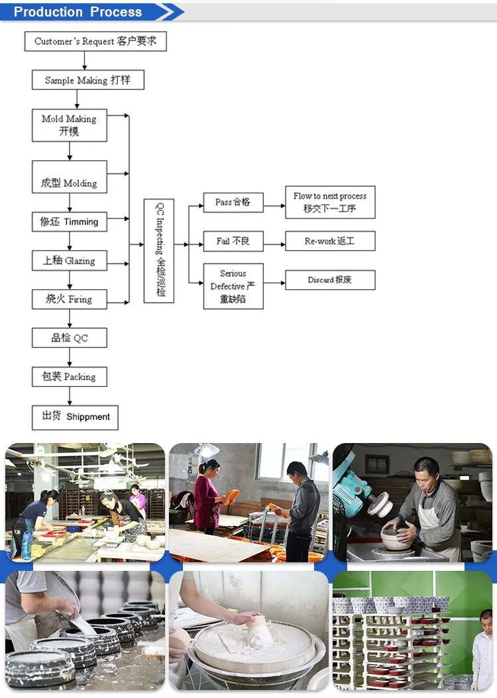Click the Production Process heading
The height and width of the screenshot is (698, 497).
point(78,12)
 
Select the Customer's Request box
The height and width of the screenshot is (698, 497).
point(95,41)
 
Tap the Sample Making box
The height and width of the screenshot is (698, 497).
point(87,80)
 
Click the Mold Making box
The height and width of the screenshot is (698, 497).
point(69,125)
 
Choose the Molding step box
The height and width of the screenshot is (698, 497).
point(69,177)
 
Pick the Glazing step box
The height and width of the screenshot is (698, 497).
point(69,260)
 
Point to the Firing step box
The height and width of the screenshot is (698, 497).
point(69,299)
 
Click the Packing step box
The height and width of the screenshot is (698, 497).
point(69,377)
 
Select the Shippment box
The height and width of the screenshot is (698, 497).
point(75,417)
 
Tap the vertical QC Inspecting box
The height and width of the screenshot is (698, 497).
point(159,251)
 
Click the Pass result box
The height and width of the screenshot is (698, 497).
point(233,202)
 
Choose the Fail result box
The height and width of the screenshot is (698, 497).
point(233,241)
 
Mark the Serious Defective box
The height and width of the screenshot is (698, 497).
point(233,286)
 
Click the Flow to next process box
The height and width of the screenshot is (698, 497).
point(330,202)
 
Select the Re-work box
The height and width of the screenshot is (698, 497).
point(330,241)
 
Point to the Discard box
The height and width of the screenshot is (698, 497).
point(330,280)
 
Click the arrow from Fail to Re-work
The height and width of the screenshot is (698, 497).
point(274,241)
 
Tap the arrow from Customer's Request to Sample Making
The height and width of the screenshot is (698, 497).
point(85,60)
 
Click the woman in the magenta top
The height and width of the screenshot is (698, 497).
point(205,497)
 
